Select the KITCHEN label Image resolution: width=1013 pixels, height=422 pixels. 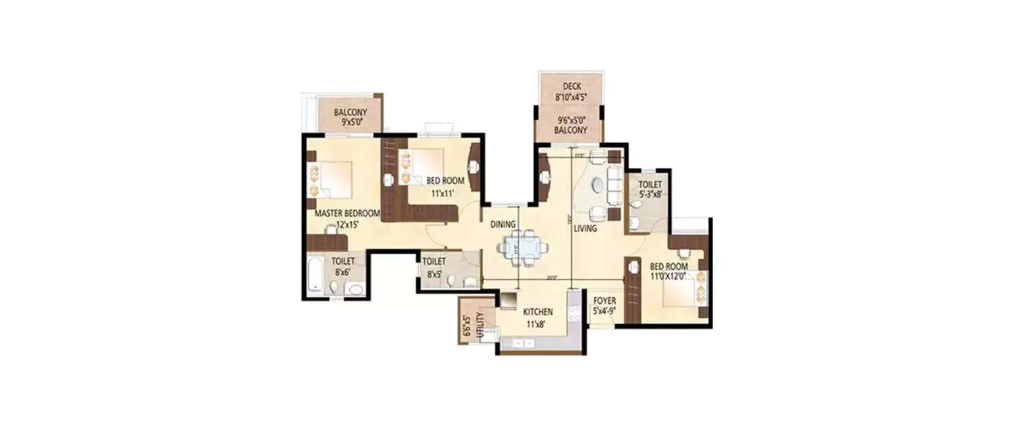pos(538,312)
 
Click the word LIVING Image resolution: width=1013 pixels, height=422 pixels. pos(585,229)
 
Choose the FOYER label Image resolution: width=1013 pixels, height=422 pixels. pos(604,301)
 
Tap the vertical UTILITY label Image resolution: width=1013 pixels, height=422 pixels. pos(480,323)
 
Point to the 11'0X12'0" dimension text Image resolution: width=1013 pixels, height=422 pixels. pos(668,275)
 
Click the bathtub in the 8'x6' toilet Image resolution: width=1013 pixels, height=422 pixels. pos(315,273)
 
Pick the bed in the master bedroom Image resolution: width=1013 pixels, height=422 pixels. pos(334,180)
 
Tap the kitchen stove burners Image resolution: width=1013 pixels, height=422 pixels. pos(575,313)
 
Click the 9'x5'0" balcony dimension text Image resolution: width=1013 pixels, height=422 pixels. pos(350,123)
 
